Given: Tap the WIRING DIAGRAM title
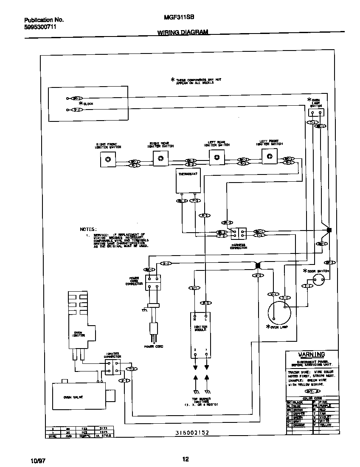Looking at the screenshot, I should tap(183, 32).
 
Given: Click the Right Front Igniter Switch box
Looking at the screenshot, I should tap(108, 159).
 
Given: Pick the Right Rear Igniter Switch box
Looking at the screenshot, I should tap(160, 159).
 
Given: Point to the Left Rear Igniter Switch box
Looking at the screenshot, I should tap(217, 157).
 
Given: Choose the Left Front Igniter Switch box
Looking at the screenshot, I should tap(269, 156).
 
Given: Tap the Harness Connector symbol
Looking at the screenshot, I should tap(238, 233).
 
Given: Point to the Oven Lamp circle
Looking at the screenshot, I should tap(279, 313).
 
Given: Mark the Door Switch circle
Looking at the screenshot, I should tap(318, 279).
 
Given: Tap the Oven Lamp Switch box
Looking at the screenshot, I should tap(315, 112).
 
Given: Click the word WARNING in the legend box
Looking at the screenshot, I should tap(311, 354).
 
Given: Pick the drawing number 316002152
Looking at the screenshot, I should tap(192, 433).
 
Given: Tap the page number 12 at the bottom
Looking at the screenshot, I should tap(185, 459).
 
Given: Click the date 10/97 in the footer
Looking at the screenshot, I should tap(37, 460).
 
